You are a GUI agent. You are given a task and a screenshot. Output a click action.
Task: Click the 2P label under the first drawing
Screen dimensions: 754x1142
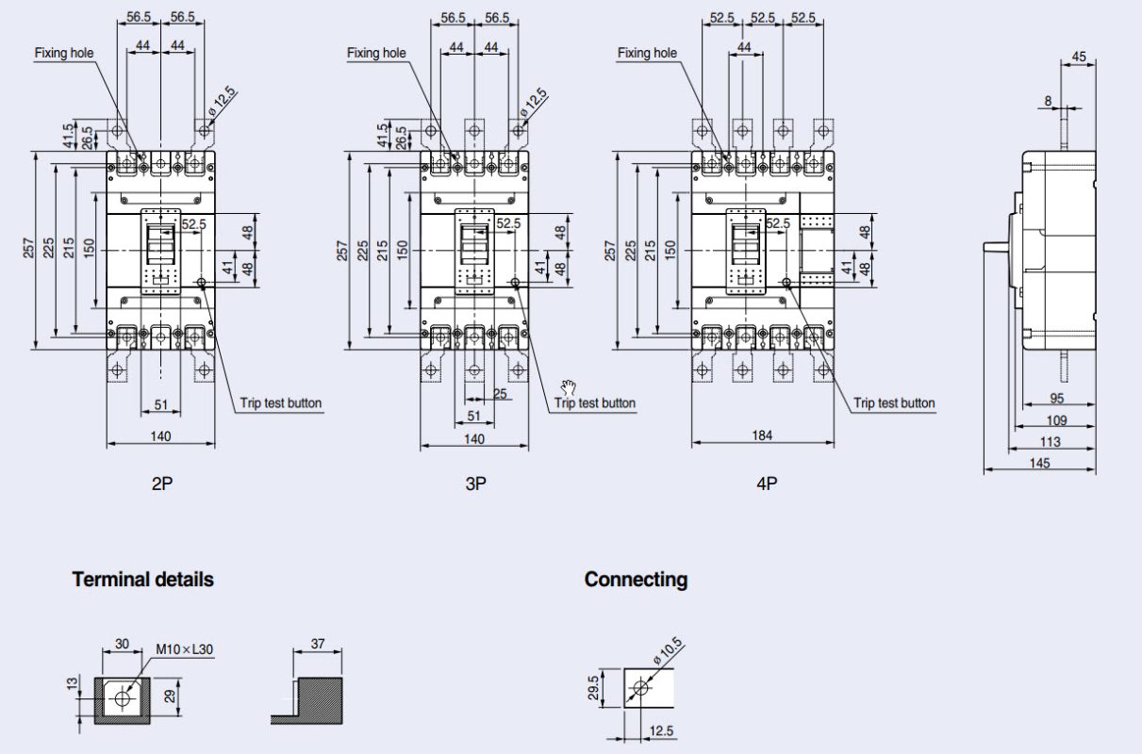pos(162,484)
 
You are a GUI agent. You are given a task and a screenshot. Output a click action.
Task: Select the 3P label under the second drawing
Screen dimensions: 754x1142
pos(475,484)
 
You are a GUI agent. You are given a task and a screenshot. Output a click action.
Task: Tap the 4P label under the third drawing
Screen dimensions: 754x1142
pos(767,484)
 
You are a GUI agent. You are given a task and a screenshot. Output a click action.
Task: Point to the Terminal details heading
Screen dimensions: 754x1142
pos(142,580)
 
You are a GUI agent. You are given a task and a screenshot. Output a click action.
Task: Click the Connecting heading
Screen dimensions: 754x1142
pos(636,580)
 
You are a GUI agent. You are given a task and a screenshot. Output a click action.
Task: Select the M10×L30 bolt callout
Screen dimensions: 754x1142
pos(184,649)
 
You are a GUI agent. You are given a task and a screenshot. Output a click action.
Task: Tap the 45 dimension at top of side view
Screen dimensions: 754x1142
pos(1079,57)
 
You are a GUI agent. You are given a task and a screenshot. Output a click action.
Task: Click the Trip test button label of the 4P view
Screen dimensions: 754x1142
pos(894,403)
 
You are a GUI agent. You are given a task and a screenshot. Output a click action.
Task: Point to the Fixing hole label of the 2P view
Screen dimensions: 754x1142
pos(64,53)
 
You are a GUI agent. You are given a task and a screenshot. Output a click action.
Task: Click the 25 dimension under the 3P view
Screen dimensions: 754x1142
pos(501,393)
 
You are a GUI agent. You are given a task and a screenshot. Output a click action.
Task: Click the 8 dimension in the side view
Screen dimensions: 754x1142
pos(1048,100)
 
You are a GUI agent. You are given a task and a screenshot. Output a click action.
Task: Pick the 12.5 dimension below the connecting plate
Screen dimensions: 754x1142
pos(660,730)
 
